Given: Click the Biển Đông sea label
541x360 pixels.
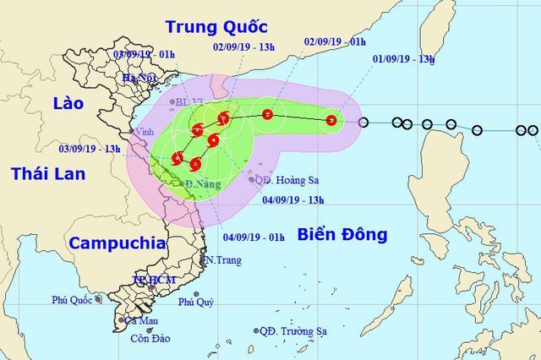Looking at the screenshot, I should [342, 234].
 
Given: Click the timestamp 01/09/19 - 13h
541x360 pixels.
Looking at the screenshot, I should [403, 59].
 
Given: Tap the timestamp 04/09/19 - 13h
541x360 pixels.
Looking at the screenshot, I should [293, 200].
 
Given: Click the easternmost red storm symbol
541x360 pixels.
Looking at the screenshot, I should [331, 120].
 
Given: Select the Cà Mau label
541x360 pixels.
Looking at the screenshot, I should [140, 321].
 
